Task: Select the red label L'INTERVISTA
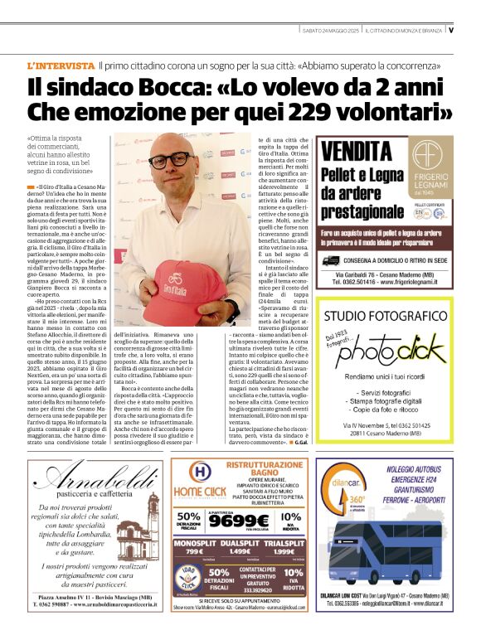coord(60,65)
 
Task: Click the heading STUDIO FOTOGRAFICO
coord(385,317)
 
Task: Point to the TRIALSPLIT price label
coord(285,542)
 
